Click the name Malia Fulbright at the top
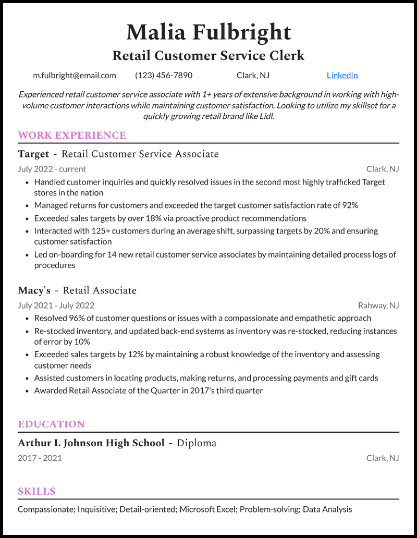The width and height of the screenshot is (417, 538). click(x=208, y=32)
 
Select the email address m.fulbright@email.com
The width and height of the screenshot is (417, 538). click(x=75, y=75)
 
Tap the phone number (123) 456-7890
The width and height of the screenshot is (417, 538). click(x=164, y=75)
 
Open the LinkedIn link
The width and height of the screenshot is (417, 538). click(x=342, y=75)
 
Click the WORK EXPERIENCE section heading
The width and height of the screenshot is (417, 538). click(x=72, y=136)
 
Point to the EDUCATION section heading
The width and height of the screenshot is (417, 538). click(x=51, y=424)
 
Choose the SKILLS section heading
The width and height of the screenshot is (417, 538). click(x=36, y=491)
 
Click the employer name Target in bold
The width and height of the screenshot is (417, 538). click(x=33, y=154)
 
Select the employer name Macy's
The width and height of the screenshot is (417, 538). click(x=34, y=290)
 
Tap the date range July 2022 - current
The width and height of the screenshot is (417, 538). click(x=52, y=169)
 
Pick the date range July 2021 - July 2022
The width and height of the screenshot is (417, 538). click(x=56, y=305)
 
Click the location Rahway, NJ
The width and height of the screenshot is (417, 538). click(x=378, y=305)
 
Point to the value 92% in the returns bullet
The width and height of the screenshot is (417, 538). click(x=350, y=205)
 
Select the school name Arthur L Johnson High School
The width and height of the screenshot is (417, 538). click(x=91, y=443)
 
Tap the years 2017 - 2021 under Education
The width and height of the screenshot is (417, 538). click(x=40, y=458)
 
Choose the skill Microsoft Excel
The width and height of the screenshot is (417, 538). click(x=207, y=509)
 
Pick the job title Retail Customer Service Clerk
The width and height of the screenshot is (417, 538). click(x=208, y=55)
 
